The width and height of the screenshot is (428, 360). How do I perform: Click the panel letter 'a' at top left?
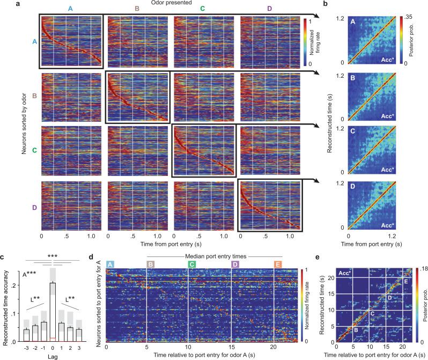pyautogui.click(x=3, y=4)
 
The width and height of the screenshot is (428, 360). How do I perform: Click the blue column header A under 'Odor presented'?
pyautogui.click(x=71, y=9)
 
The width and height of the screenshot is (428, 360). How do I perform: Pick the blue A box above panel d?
pyautogui.click(x=109, y=265)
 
